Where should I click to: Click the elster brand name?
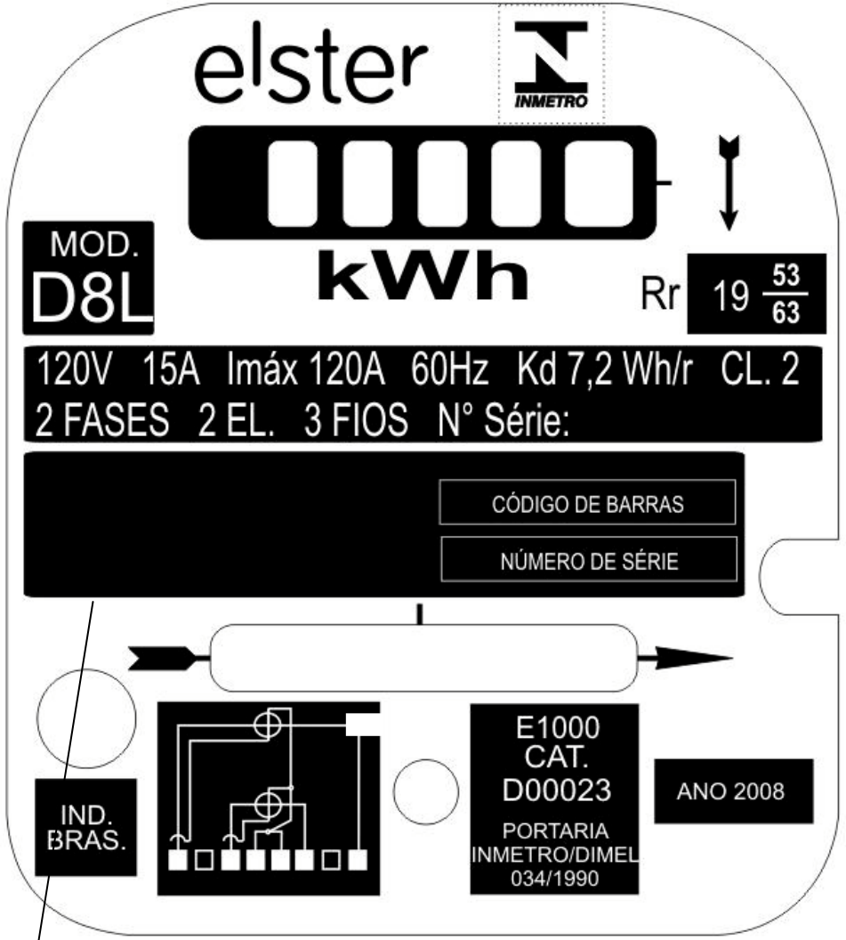click(x=310, y=63)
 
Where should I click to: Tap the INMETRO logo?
click(x=552, y=65)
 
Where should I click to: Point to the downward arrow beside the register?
click(x=729, y=182)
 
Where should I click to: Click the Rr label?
click(x=660, y=294)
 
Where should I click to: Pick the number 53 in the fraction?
click(x=786, y=275)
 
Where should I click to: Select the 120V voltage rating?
click(x=74, y=369)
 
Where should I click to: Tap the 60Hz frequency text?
click(x=449, y=369)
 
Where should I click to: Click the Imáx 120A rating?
click(x=305, y=369)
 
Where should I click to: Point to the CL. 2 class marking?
click(x=760, y=369)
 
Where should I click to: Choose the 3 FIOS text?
click(x=356, y=419)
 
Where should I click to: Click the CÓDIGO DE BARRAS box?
click(x=587, y=502)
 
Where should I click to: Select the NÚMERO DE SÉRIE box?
click(x=589, y=559)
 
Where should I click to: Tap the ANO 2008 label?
click(x=730, y=791)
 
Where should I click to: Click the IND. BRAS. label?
click(x=87, y=828)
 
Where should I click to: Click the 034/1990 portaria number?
click(x=555, y=879)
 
